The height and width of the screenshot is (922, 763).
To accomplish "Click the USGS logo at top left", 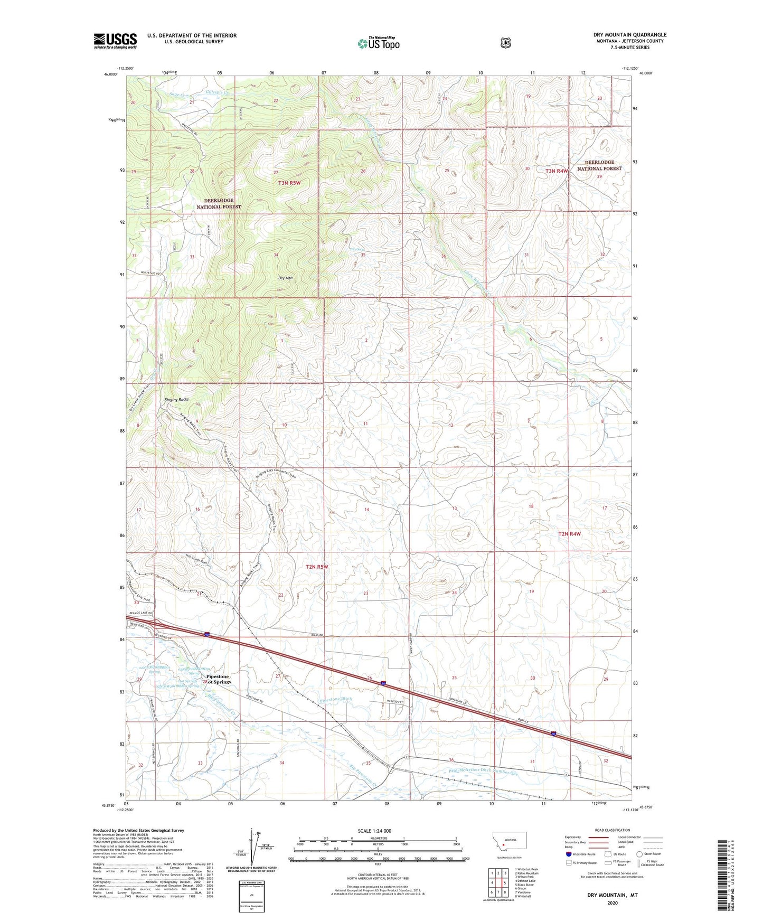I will (x=115, y=41).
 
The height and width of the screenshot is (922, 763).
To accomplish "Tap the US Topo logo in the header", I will (x=378, y=43).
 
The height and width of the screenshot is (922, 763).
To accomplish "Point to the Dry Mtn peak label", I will (x=286, y=278).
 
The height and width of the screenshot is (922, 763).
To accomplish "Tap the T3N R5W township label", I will (x=289, y=183).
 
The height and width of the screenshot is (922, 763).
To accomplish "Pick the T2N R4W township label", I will (x=569, y=534).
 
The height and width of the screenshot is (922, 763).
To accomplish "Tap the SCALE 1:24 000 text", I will (x=374, y=831).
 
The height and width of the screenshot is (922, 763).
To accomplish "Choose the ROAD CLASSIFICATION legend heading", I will (x=612, y=830).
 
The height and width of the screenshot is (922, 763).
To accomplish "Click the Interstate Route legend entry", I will (x=580, y=854).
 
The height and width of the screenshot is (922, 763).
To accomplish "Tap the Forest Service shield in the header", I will (x=505, y=43).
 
